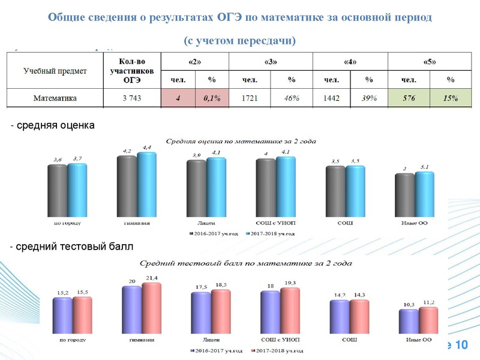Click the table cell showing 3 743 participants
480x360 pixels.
coord(131,98)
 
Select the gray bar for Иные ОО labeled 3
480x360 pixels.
coord(404,194)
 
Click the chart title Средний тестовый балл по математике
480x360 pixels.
coord(245,263)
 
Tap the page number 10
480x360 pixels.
coord(461,345)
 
